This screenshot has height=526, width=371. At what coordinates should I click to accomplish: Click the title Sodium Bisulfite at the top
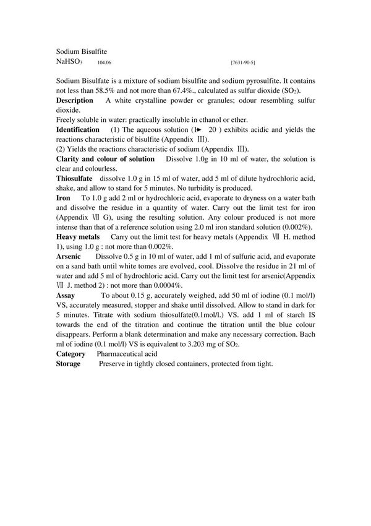82,52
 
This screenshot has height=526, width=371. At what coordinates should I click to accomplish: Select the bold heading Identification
77,129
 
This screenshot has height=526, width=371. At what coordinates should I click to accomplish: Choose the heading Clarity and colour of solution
105,159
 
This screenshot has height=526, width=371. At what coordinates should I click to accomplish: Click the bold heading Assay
66,295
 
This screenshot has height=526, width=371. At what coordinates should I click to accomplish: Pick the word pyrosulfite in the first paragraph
263,81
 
